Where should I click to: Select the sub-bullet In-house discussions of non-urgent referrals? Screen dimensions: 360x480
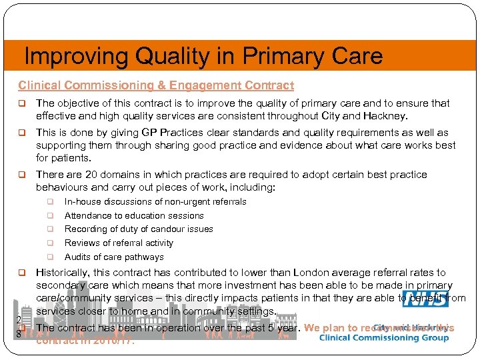[x=155, y=201]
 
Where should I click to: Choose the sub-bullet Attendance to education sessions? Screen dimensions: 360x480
[x=134, y=215]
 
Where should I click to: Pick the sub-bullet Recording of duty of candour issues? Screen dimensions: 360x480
[x=139, y=229]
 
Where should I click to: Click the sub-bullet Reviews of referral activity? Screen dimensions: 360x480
[x=119, y=243]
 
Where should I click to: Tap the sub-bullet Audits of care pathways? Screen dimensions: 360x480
[x=114, y=257]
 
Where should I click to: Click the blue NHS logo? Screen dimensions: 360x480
[x=425, y=299]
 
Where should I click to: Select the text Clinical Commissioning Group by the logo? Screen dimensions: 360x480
[x=384, y=338]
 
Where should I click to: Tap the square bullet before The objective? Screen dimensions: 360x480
[x=21, y=103]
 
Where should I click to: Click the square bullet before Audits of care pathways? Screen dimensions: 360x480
[x=49, y=257]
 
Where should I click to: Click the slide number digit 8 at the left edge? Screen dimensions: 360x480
[x=19, y=334]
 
